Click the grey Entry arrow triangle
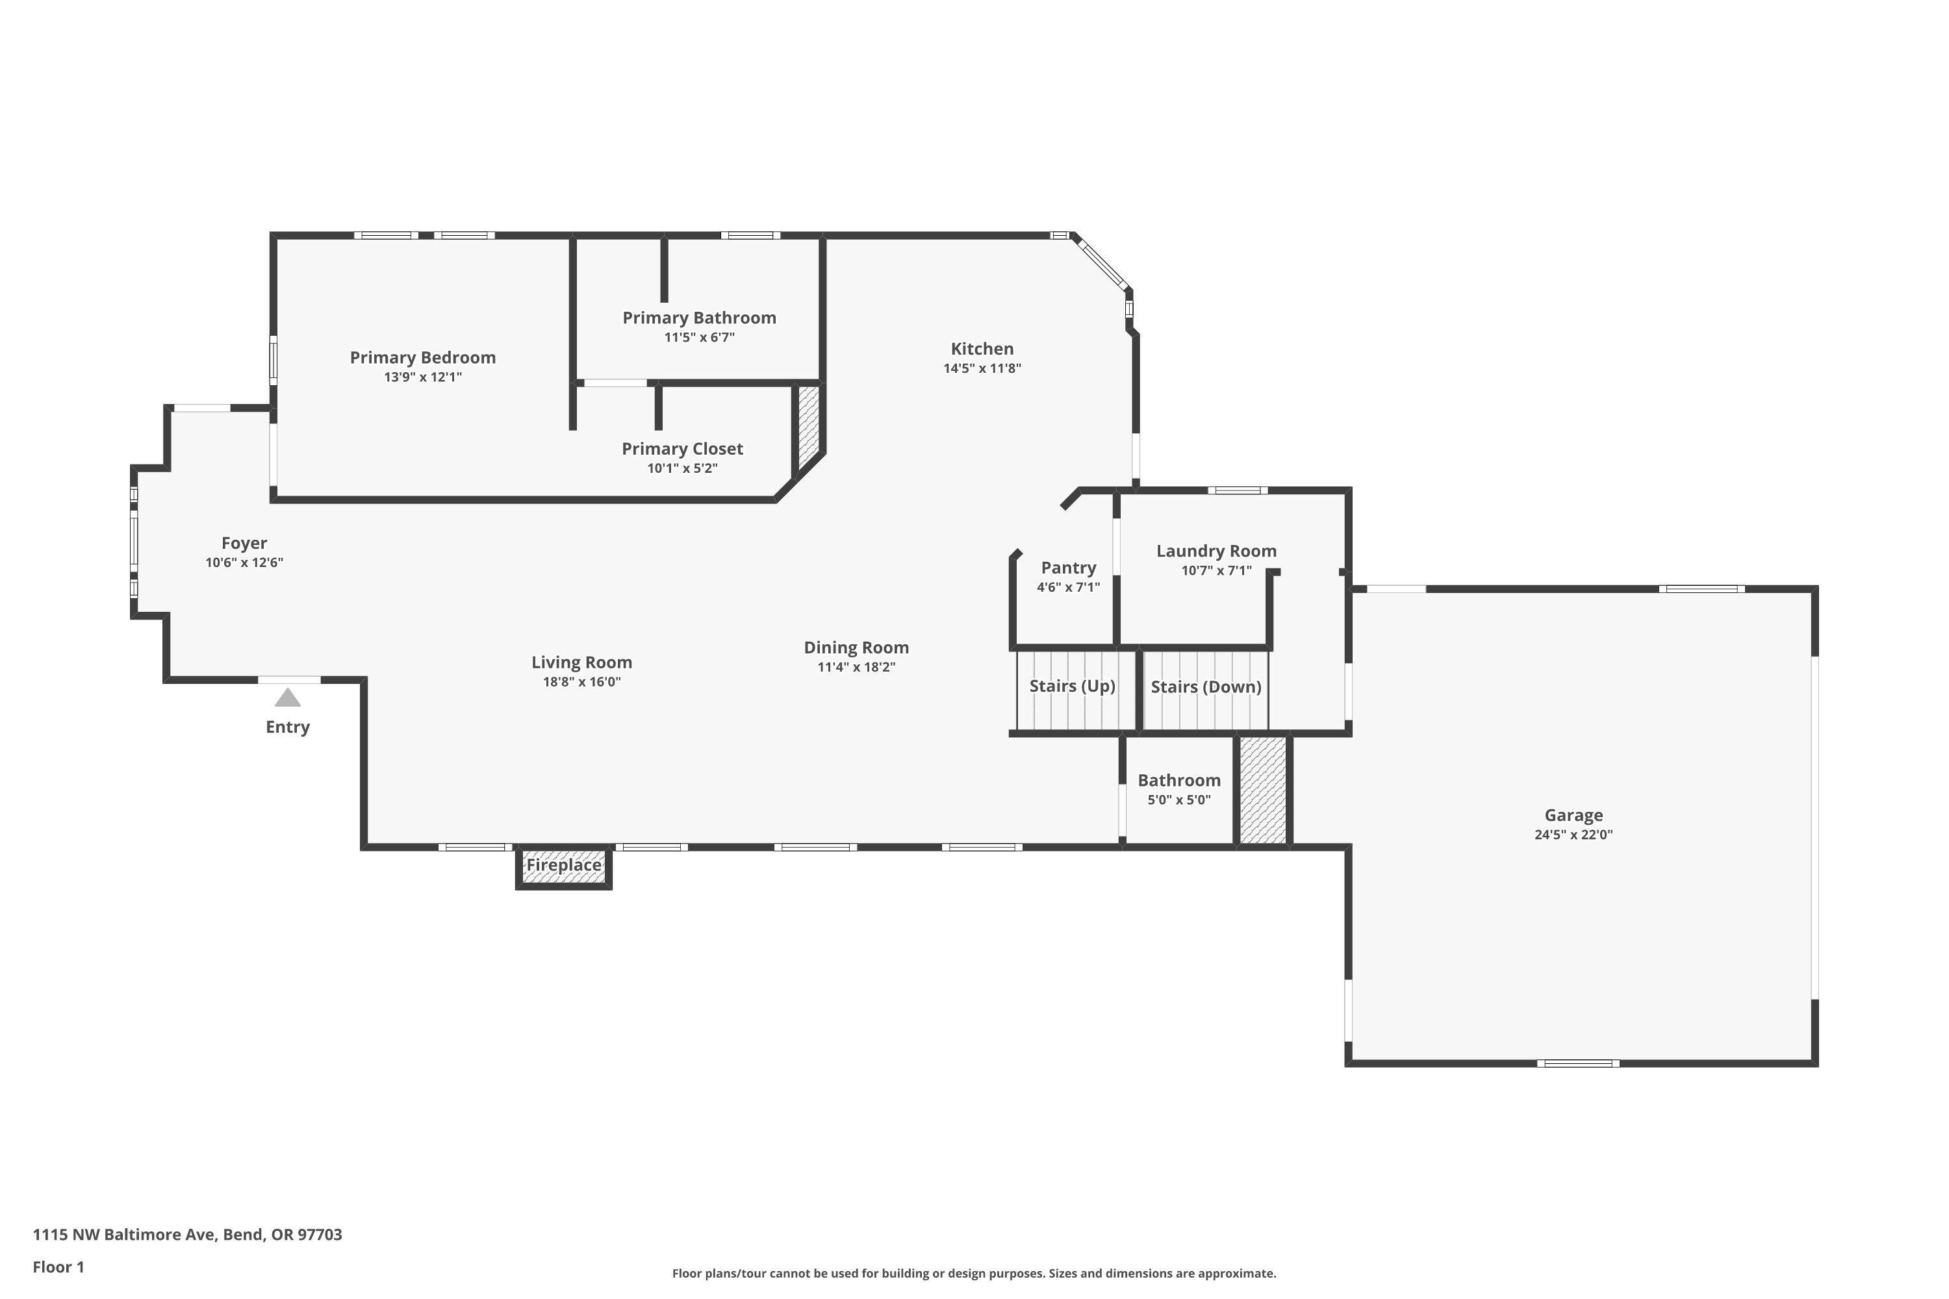click(x=288, y=698)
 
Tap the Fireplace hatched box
click(x=563, y=866)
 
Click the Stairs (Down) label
click(x=1206, y=687)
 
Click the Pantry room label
click(x=1068, y=568)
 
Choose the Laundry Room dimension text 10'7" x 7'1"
click(x=1216, y=571)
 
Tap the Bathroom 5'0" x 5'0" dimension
click(x=1178, y=800)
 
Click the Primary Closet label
click(x=682, y=448)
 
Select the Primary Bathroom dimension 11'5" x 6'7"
click(x=698, y=337)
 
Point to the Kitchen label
click(x=982, y=349)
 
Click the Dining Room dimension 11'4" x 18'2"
click(x=856, y=668)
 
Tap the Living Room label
click(x=581, y=662)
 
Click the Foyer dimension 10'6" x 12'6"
click(x=244, y=562)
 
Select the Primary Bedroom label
click(x=423, y=357)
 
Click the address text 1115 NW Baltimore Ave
click(x=186, y=1235)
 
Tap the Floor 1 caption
click(x=58, y=1267)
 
